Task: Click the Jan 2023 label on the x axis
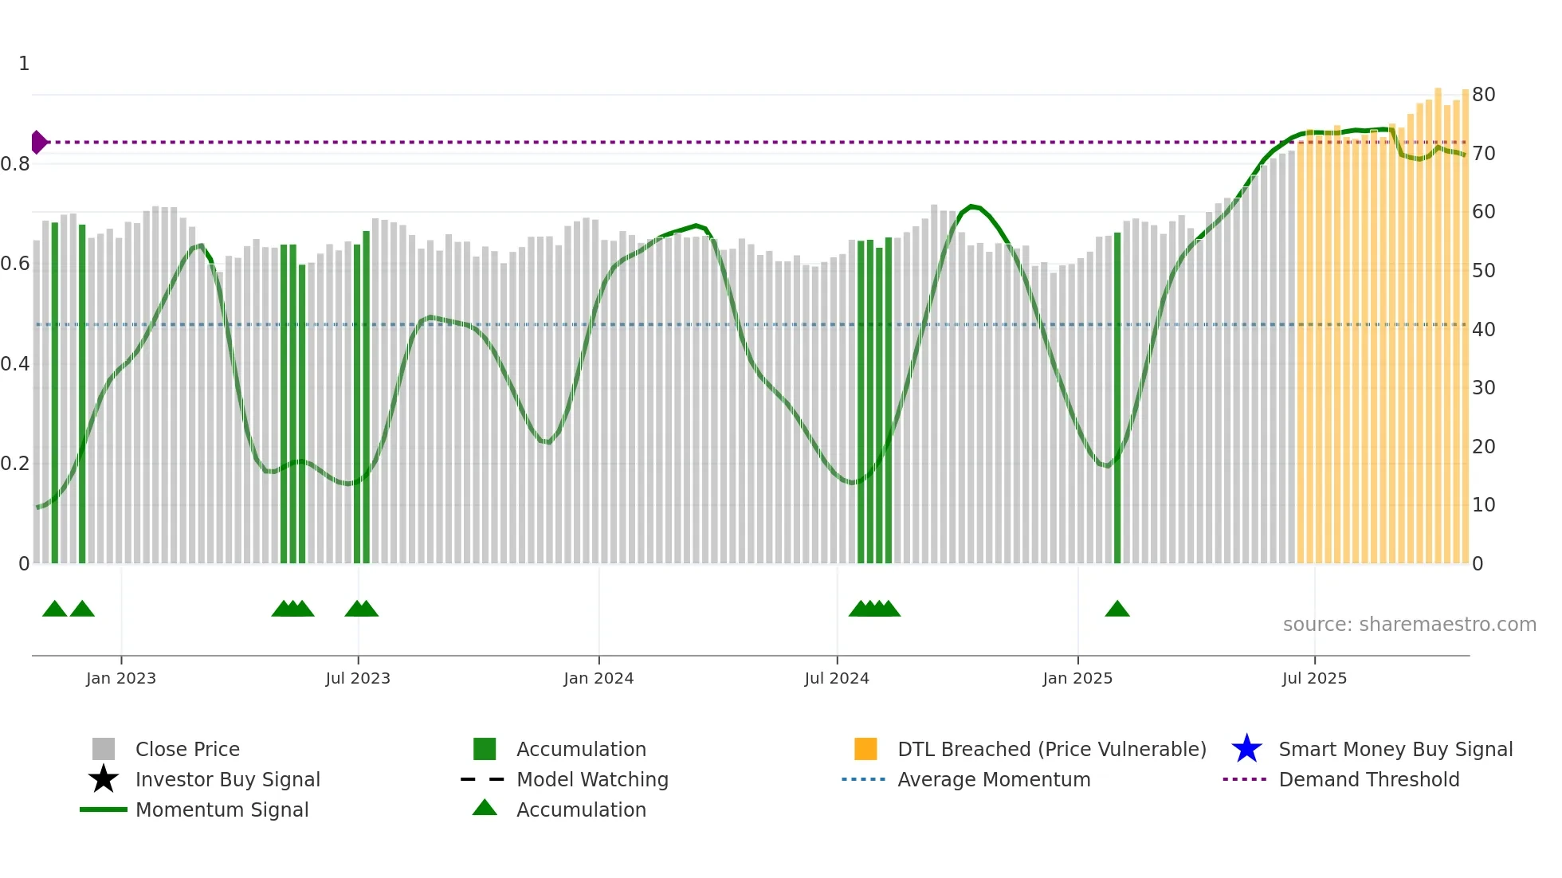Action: [x=121, y=679]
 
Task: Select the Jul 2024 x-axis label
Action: [x=837, y=679]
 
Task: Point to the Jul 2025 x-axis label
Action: [x=1314, y=679]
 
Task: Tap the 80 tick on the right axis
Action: [x=1483, y=95]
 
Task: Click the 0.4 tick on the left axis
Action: [x=15, y=364]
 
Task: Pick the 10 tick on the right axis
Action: [x=1483, y=505]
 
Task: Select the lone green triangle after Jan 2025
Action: [x=1117, y=610]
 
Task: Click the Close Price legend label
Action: [x=187, y=750]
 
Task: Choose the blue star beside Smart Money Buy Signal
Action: [x=1246, y=749]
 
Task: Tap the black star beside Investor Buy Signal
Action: [x=104, y=779]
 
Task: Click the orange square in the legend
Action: [x=865, y=749]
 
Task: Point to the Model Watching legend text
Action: [x=592, y=780]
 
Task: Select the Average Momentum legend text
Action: [x=994, y=780]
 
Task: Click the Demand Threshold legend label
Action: [x=1368, y=780]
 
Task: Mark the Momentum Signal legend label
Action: [x=222, y=810]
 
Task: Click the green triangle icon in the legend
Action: [x=485, y=809]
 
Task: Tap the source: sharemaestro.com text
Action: [x=1409, y=625]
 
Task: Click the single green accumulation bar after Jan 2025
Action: [x=1117, y=398]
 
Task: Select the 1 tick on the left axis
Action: [x=24, y=64]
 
